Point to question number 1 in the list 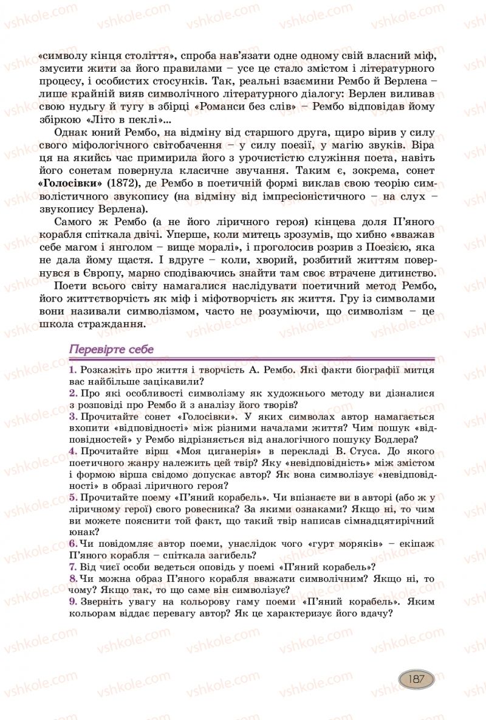click(72, 370)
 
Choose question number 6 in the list click(72, 542)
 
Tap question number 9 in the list click(72, 601)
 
